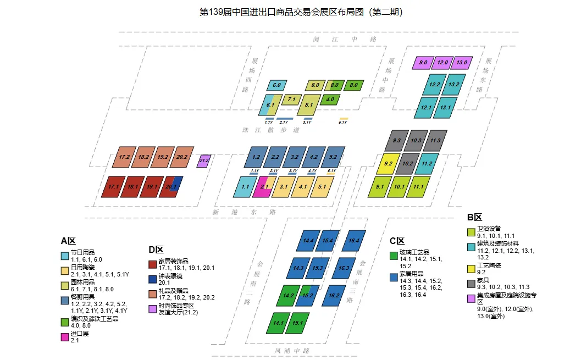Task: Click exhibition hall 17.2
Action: pos(124,157)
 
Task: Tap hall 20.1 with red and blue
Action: pos(171,187)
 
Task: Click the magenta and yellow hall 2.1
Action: pos(264,187)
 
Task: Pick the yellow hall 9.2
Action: pos(388,164)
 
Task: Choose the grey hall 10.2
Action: pos(408,164)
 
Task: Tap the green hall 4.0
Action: pos(330,100)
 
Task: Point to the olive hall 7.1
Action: pos(291,100)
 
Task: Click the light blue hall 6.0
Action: pos(276,86)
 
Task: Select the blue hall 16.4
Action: pos(353,241)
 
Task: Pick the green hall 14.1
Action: pos(278,323)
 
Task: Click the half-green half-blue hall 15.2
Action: pos(307,295)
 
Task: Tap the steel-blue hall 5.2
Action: pos(333,157)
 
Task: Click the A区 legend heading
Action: pos(68,241)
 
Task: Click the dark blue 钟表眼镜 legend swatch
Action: pos(153,280)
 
